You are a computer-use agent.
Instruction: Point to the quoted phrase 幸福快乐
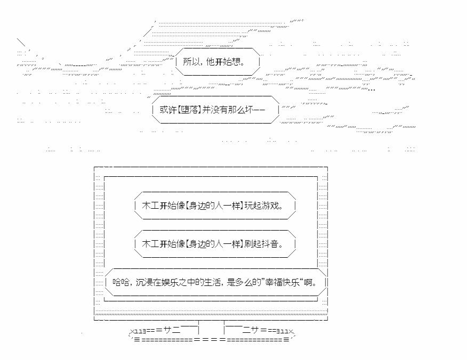(283, 282)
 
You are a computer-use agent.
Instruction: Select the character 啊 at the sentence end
(308, 282)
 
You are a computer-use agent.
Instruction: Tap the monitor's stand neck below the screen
(212, 328)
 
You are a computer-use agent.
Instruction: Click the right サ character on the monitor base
(255, 330)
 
